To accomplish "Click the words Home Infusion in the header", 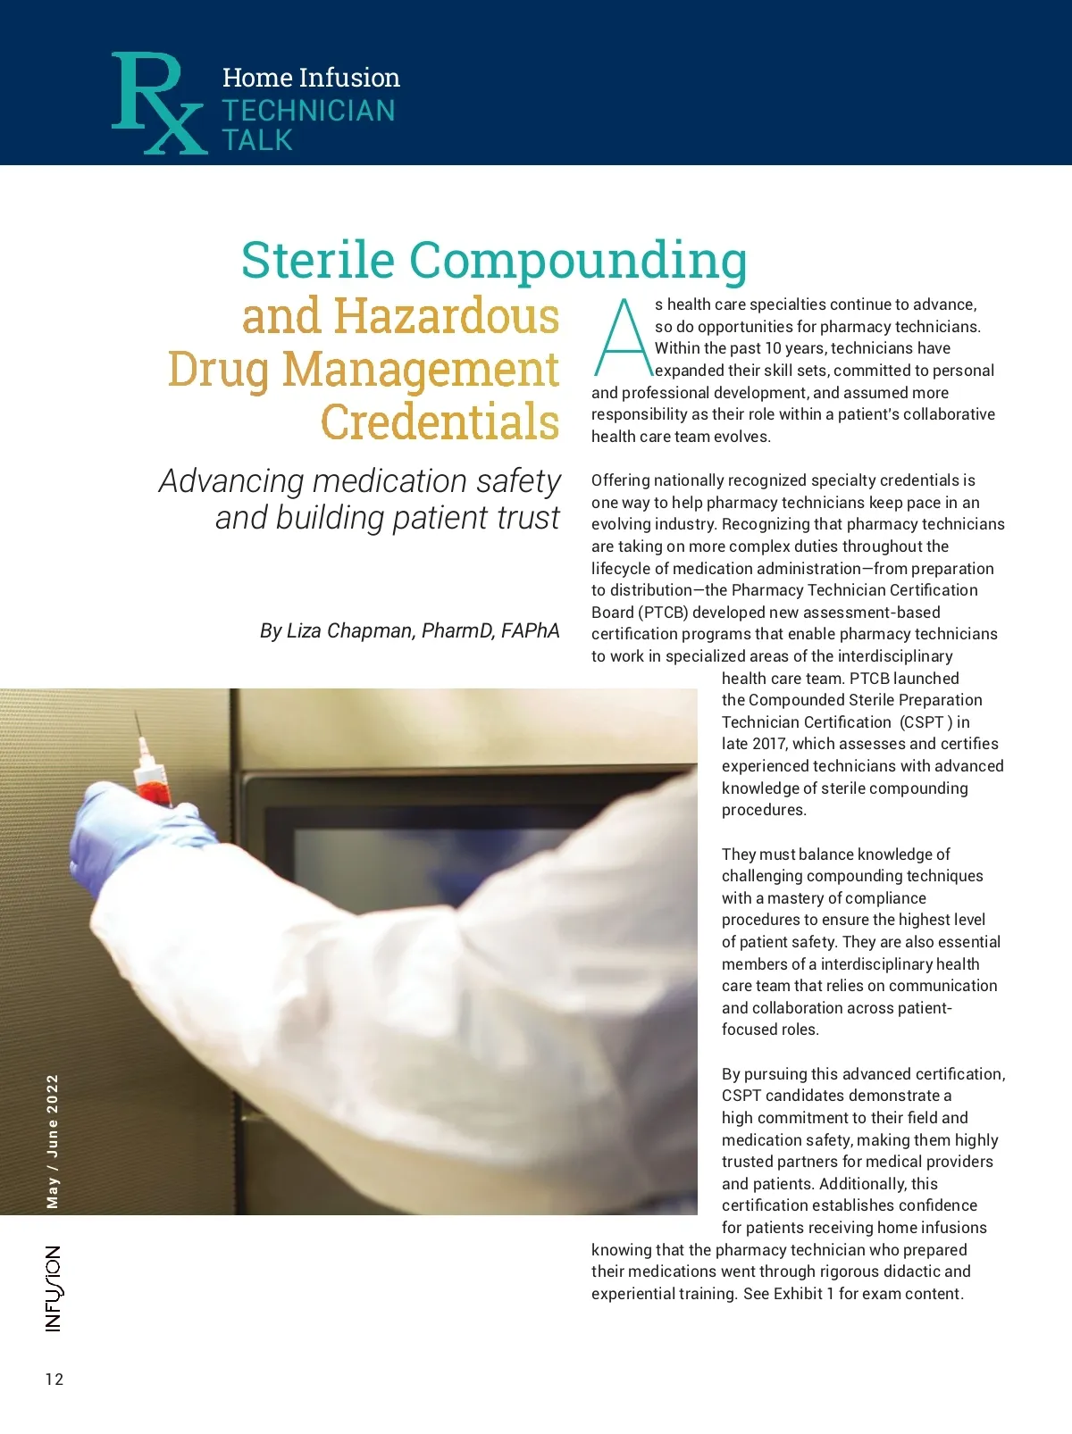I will coord(311,78).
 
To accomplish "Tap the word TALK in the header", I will coord(257,140).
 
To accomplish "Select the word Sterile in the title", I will coord(317,260).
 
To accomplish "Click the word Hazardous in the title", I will coord(446,316).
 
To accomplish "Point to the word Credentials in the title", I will coord(440,421).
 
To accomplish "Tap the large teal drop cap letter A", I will coord(623,338).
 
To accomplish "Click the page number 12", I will coord(54,1379).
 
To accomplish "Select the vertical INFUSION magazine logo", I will coord(54,1288).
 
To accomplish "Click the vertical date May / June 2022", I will coord(53,1141).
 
